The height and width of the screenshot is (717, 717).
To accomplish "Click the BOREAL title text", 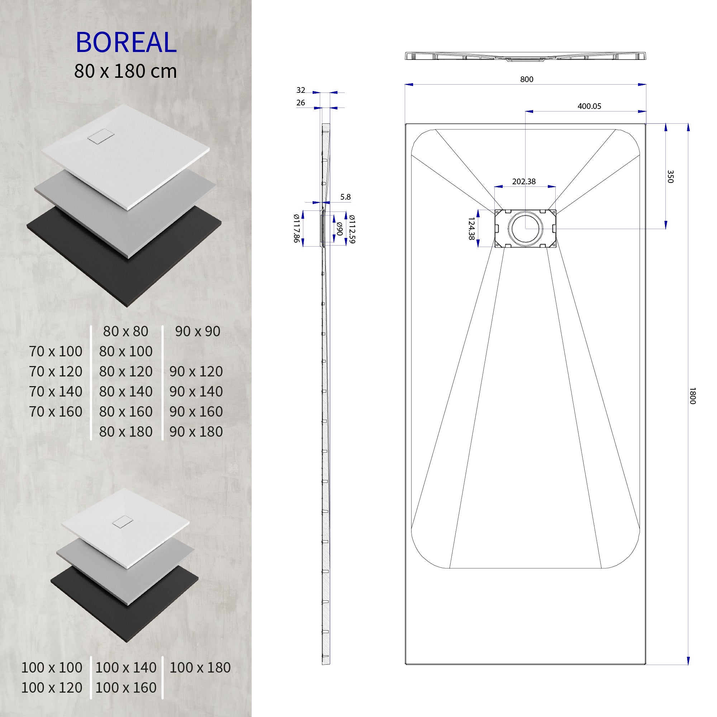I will point(126,42).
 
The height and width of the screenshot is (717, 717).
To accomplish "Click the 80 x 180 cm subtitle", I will point(125,71).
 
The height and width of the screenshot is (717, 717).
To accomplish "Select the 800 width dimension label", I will point(526,79).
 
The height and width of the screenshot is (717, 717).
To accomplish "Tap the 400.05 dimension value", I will point(589,106).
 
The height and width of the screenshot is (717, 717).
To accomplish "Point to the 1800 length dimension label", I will point(692,396).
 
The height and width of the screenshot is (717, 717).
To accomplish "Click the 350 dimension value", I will point(670,176).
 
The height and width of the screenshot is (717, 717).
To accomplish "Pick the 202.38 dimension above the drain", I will point(524,181).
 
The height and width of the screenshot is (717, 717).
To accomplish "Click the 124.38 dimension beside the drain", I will point(471,229).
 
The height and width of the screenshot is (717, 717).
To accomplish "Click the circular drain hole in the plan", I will point(525,229).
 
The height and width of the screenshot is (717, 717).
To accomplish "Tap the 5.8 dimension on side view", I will point(345,197).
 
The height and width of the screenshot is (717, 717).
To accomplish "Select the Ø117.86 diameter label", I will point(296,228).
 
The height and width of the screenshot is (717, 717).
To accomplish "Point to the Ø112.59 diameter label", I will point(352,229).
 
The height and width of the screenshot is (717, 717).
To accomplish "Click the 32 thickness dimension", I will point(301,90).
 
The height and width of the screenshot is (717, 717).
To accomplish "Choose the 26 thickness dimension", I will point(301,103).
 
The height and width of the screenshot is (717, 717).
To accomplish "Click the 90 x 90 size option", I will point(198,331).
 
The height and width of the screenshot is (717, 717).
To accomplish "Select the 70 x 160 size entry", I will point(56,412).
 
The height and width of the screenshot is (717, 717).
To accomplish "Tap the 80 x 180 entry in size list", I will point(125,432).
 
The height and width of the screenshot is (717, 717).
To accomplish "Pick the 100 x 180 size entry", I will point(200,668).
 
